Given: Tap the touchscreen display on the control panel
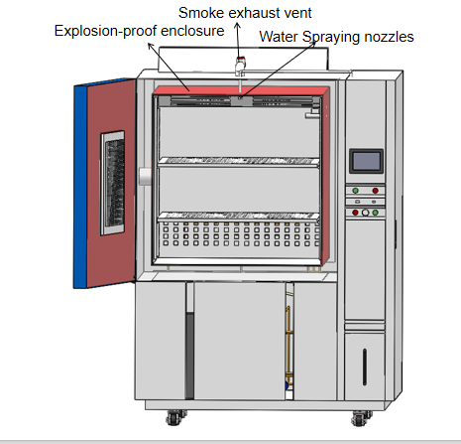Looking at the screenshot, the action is click(366, 161).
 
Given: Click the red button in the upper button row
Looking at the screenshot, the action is click(375, 191).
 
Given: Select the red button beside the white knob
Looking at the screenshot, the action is click(355, 213).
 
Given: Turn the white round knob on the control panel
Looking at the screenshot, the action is click(365, 213).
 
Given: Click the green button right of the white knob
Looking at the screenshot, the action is click(375, 213).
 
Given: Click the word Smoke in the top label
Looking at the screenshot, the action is click(200, 13).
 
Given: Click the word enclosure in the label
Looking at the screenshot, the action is click(192, 31).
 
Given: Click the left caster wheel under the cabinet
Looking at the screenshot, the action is click(175, 417).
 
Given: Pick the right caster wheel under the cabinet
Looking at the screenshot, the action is click(361, 418).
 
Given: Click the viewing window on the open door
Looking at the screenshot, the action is click(113, 183).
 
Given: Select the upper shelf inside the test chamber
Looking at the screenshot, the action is click(238, 162).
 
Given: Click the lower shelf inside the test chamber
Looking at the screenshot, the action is click(238, 217).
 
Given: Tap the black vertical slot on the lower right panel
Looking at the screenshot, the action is click(365, 367).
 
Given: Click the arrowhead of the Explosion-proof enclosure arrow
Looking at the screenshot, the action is click(150, 45).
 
